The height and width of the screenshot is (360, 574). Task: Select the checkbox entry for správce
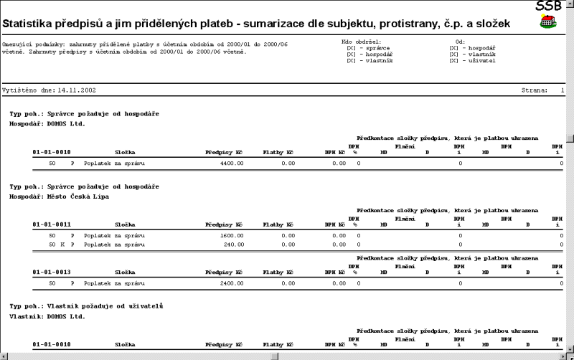click(365, 47)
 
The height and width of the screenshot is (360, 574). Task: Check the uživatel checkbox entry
click(472, 60)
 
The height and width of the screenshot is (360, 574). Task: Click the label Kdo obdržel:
click(362, 41)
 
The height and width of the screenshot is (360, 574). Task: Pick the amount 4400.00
click(232, 164)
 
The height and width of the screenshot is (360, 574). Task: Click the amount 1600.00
click(232, 235)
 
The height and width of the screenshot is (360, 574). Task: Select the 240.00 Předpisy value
click(234, 244)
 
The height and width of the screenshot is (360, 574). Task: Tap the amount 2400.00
click(232, 283)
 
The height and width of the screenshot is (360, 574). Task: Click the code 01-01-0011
click(52, 224)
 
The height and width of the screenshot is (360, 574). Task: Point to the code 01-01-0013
click(52, 273)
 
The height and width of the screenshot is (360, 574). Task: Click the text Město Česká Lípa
click(78, 196)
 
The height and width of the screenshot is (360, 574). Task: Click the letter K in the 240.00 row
click(62, 244)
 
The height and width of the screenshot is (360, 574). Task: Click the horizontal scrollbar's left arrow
click(4, 356)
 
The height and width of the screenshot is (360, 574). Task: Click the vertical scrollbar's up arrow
click(570, 4)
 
